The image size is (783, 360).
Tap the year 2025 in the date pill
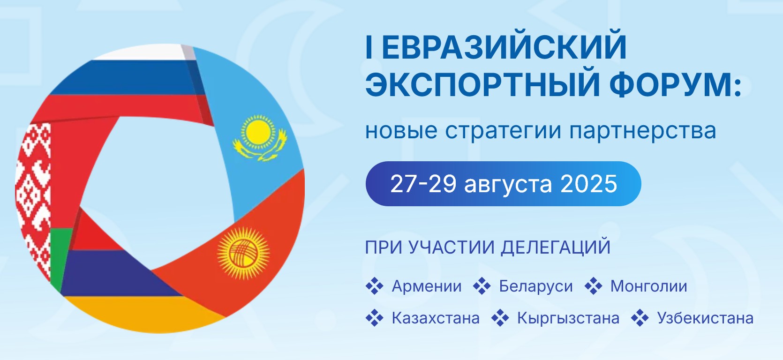pos(588,184)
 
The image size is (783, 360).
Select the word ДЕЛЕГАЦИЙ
pos(556,247)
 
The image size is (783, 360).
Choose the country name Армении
pos(427,286)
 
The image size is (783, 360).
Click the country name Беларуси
pos(536,286)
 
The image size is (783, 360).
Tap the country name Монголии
pos(649,286)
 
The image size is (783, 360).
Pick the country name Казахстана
pos(436,318)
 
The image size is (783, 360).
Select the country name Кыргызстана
pos(568,318)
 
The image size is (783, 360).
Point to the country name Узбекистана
pos(705,318)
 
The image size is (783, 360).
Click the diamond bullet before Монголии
pos(594,286)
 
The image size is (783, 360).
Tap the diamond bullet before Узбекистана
pos(640,318)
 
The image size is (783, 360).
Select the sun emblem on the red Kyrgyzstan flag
pos(243,253)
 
